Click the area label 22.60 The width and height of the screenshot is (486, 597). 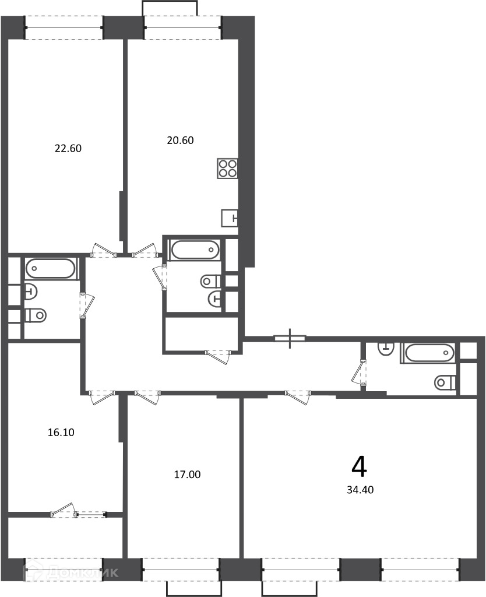coord(68,148)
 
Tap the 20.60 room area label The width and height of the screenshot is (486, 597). coord(180,141)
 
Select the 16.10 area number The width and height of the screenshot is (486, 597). coord(61,433)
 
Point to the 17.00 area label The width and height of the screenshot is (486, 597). coord(187,475)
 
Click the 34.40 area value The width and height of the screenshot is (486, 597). coord(360,490)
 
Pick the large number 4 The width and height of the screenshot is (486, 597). coord(360,467)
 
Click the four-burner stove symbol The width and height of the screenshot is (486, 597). coord(228,168)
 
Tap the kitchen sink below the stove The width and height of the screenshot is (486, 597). coord(230,218)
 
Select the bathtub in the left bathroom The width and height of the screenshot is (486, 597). coord(51,268)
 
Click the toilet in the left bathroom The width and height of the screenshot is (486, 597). coord(36,315)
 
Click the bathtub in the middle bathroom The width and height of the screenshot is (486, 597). coord(195,250)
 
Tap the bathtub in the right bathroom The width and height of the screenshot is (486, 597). coord(430,353)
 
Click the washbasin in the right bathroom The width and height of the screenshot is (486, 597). coord(386,349)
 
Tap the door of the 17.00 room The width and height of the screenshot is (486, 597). coord(147,397)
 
